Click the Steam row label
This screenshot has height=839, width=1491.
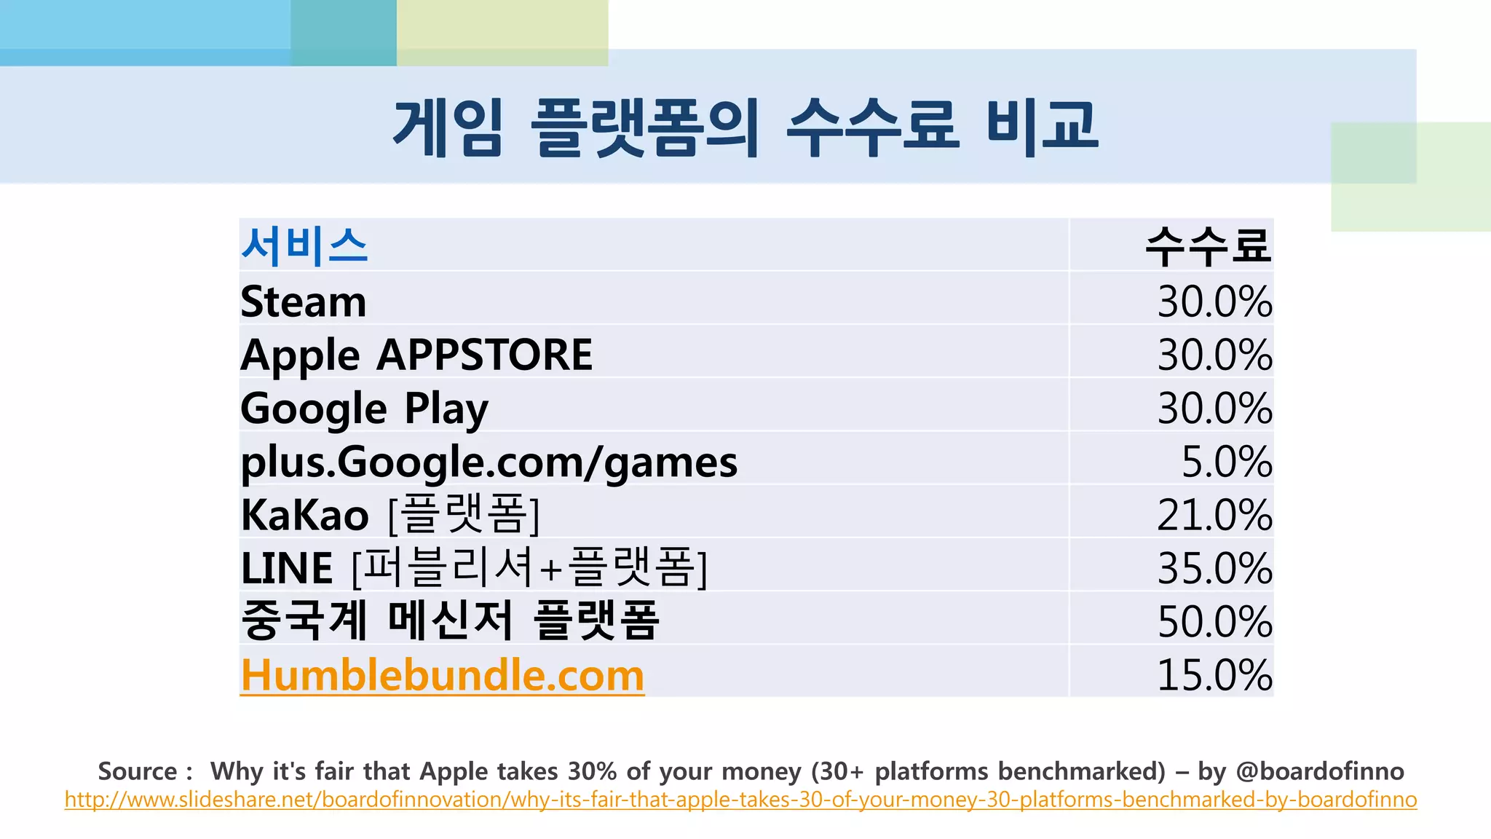[x=303, y=302]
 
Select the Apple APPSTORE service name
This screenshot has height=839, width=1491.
[x=416, y=355]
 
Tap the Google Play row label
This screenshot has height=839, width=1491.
[x=364, y=409]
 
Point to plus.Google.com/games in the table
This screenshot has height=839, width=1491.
[x=489, y=462]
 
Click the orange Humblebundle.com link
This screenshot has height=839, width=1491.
[x=442, y=675]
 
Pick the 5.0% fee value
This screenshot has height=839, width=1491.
[x=1226, y=462]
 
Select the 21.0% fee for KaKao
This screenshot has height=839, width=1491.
[x=1214, y=515]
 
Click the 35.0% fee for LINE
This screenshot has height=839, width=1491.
[x=1214, y=568]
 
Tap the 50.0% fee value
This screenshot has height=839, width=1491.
[x=1214, y=622]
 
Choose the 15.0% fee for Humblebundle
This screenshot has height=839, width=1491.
[x=1214, y=675]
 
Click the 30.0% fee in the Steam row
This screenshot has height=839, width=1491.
[x=1214, y=302]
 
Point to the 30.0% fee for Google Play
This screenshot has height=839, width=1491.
[x=1214, y=409]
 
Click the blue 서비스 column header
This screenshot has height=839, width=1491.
[x=304, y=246]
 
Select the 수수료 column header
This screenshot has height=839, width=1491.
[x=1208, y=246]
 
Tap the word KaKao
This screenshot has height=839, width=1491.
[x=304, y=516]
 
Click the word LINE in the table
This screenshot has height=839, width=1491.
[x=286, y=569]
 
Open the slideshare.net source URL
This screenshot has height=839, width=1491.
[x=740, y=800]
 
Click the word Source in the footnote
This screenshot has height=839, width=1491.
[x=138, y=771]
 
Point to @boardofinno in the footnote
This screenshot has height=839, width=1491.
[x=1319, y=771]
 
